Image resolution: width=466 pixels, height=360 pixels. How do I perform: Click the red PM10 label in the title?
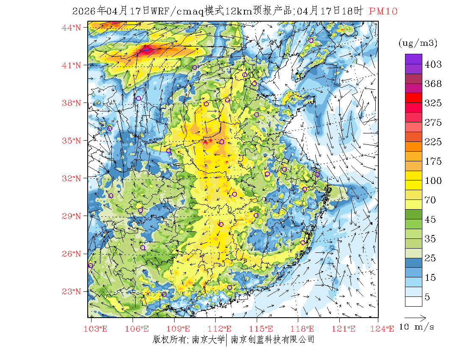[383, 11]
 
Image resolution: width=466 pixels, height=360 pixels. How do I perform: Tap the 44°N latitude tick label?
[72, 28]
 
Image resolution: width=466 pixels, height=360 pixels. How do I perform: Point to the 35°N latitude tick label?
[72, 141]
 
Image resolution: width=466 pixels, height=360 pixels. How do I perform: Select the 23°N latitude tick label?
[72, 291]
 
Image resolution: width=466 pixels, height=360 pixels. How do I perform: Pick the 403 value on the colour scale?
[433, 64]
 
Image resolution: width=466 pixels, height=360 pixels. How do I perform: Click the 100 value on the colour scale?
[433, 181]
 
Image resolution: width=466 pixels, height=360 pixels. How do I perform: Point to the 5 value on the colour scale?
[427, 297]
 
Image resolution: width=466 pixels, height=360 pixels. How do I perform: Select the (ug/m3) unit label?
[418, 43]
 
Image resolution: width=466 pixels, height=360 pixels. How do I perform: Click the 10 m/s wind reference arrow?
[415, 317]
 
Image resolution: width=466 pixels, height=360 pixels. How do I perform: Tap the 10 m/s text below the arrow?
[417, 327]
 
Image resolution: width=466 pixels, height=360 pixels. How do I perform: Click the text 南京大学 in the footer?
[208, 340]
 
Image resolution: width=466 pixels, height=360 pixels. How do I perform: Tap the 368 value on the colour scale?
[433, 84]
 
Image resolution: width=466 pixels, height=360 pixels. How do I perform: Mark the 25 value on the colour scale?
[430, 258]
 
